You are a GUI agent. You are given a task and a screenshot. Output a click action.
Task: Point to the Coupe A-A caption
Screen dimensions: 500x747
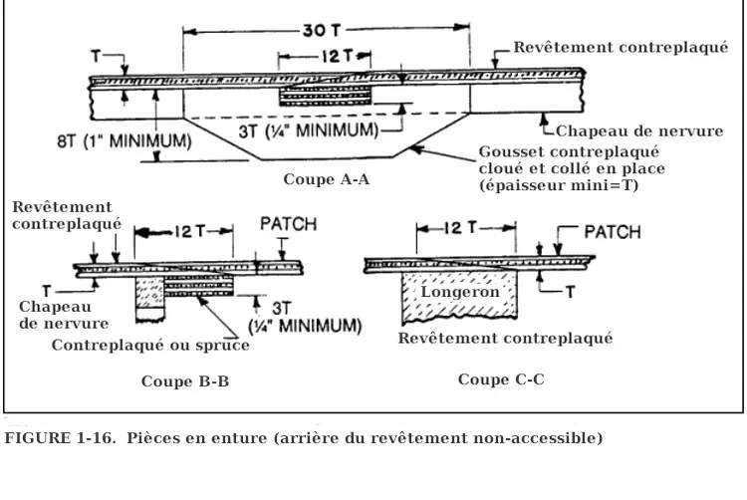point(328,179)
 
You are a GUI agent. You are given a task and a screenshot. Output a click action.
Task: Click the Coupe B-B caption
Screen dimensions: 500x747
point(185,381)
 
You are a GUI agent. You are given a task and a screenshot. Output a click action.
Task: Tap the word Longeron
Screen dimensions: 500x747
point(460,292)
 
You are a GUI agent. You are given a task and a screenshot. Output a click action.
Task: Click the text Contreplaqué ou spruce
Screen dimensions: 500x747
point(150,346)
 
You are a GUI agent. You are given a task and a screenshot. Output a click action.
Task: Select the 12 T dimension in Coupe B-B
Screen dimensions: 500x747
point(185,231)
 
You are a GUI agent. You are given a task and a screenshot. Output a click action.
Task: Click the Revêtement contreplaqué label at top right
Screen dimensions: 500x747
point(621,48)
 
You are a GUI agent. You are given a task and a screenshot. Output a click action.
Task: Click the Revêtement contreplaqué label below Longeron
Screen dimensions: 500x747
point(505,338)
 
